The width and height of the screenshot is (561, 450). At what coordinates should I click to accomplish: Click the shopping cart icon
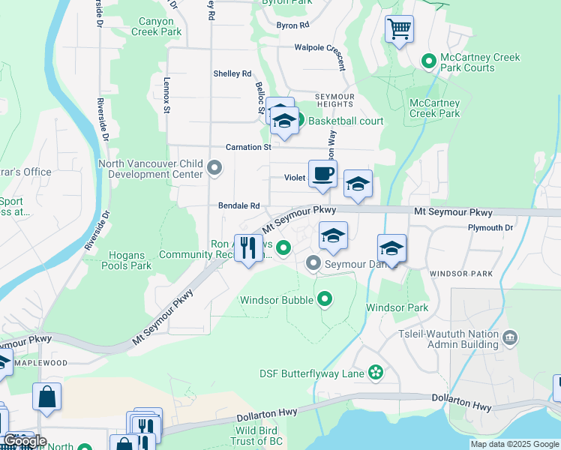400,30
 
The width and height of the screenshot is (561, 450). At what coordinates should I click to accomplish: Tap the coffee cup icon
322,174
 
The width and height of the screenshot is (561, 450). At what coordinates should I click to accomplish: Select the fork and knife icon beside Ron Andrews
249,247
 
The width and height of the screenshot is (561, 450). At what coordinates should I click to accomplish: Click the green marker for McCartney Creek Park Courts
429,61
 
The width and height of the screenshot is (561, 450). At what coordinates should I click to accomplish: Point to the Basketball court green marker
298,120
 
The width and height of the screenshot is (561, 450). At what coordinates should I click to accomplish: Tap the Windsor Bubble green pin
324,300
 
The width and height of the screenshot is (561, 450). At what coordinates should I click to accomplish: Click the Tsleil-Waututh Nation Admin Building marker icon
510,337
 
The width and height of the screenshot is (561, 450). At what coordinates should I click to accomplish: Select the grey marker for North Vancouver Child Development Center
214,167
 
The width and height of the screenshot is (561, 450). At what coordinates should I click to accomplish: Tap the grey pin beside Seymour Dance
313,263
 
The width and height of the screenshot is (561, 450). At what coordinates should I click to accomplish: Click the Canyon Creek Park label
156,26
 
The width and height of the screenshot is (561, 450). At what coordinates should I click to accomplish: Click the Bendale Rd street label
238,205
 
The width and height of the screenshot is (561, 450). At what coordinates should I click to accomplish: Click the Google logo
25,441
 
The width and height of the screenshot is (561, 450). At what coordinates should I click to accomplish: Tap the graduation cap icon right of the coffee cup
358,184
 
